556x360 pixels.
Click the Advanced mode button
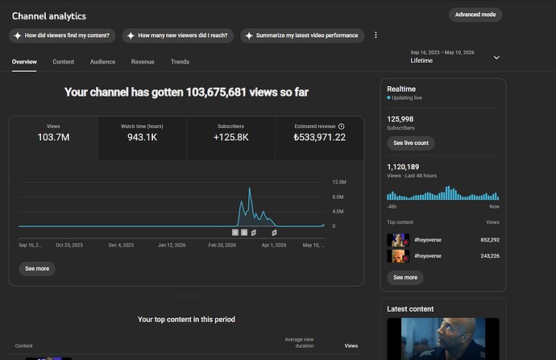click(475, 14)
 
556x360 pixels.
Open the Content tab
click(64, 62)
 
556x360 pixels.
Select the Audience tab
click(102, 62)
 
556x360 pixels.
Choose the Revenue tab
click(143, 62)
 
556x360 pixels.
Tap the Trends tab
click(180, 62)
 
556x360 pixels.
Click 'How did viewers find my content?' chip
click(62, 35)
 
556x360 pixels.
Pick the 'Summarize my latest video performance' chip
click(302, 35)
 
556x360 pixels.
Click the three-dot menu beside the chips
click(376, 35)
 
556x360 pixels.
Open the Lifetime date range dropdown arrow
click(497, 57)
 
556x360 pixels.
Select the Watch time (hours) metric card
click(142, 138)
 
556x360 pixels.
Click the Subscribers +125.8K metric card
click(230, 138)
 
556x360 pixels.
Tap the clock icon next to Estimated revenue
click(341, 126)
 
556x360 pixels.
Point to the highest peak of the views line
click(250, 188)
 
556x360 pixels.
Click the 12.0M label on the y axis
click(339, 182)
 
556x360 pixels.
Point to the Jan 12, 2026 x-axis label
click(172, 245)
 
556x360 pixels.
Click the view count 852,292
click(490, 240)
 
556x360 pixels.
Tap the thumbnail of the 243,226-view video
click(398, 256)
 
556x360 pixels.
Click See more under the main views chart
click(37, 268)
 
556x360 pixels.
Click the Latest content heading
click(410, 309)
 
